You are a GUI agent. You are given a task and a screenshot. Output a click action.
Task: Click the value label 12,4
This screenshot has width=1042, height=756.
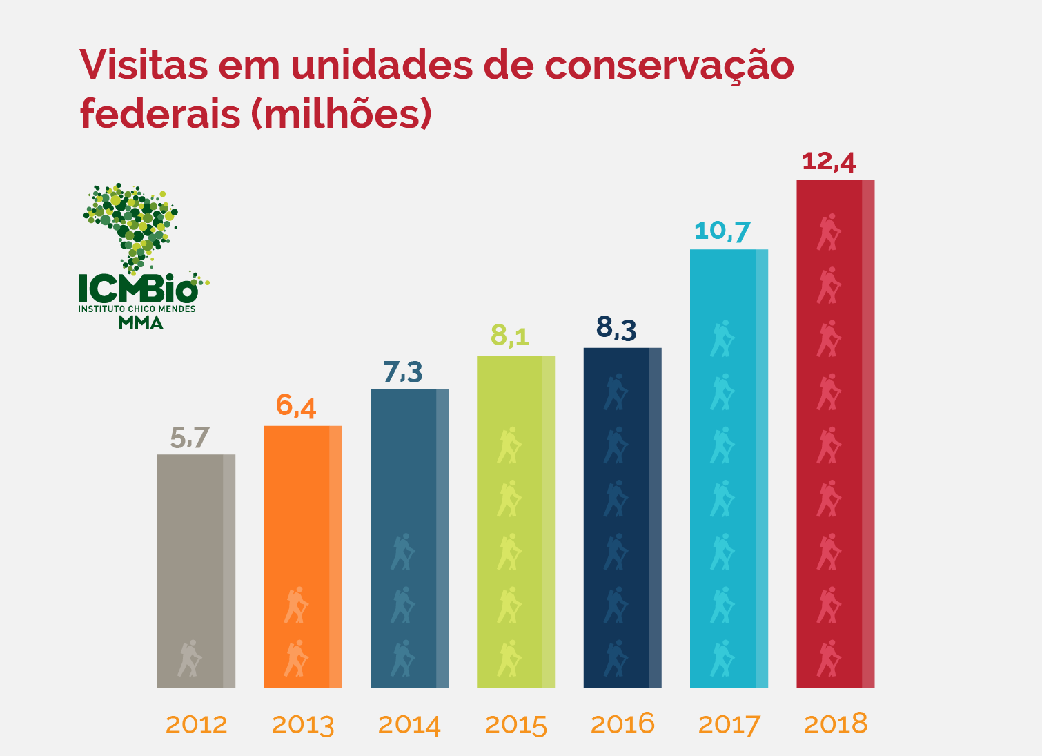(x=829, y=162)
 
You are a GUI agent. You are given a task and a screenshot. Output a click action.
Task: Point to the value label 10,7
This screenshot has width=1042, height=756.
(x=722, y=231)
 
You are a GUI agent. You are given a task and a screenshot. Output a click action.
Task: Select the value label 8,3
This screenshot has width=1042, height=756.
(x=616, y=329)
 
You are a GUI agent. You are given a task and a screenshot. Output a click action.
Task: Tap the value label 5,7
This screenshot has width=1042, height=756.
(x=190, y=438)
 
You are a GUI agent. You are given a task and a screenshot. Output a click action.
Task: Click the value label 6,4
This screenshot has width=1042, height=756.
(x=296, y=406)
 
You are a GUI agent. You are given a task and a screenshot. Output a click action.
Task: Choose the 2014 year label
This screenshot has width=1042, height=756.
(x=409, y=725)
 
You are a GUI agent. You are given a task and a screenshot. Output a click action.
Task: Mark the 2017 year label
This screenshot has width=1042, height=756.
(x=729, y=725)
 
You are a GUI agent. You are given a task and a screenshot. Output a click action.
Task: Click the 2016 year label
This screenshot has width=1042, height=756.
(x=622, y=724)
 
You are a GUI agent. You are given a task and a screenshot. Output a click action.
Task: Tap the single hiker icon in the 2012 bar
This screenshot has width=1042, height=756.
(x=190, y=658)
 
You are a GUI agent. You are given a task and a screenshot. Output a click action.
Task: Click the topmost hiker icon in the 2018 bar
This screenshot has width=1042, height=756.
(x=829, y=232)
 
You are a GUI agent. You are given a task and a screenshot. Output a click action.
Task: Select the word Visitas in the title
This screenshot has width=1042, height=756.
(x=144, y=66)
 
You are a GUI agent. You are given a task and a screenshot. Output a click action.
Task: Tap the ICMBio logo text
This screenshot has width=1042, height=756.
(x=138, y=287)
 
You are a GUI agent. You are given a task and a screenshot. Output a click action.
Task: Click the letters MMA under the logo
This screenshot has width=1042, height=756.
(x=140, y=322)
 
